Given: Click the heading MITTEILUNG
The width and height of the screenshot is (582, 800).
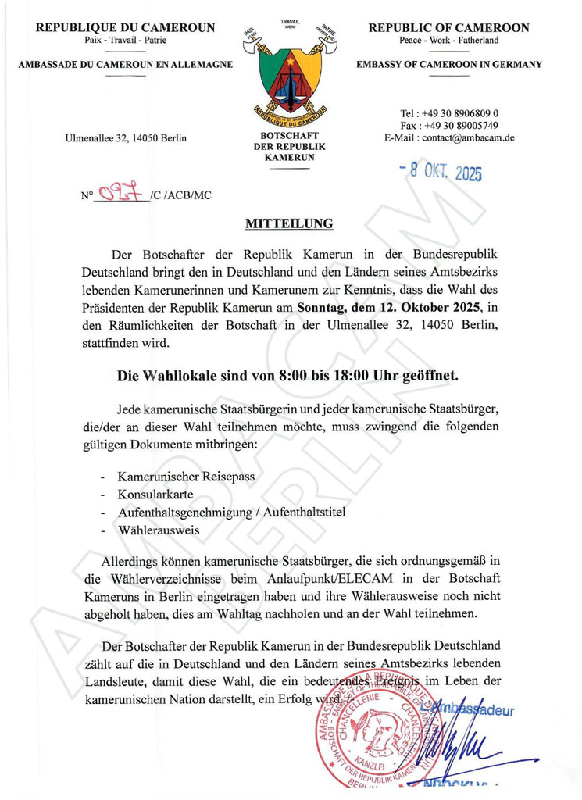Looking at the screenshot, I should [289, 224].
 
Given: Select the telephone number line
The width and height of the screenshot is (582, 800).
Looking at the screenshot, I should [449, 113].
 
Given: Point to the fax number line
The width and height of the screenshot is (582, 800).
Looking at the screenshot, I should [449, 126].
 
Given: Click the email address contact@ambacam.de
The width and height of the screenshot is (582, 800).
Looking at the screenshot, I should [449, 138].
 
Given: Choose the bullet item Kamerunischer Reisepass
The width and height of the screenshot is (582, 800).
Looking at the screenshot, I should [186, 476].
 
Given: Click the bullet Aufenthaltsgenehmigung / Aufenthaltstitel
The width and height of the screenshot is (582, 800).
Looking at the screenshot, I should [231, 512].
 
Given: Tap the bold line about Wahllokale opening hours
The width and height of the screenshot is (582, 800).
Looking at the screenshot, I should [287, 376].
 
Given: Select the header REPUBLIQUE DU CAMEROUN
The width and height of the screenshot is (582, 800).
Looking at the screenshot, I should [125, 28].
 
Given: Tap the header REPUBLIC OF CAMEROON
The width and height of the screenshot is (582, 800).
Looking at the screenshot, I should [448, 28].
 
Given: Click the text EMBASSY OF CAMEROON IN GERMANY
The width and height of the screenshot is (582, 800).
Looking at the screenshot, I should [448, 65].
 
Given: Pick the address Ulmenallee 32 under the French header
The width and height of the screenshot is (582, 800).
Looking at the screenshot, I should [126, 139].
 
